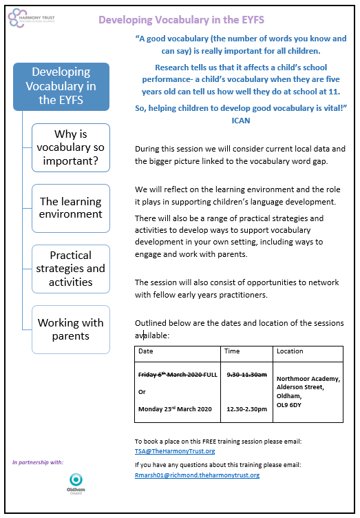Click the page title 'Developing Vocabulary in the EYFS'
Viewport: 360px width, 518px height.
(181, 19)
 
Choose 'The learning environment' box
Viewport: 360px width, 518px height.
(70, 207)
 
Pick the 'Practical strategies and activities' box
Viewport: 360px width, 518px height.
(70, 269)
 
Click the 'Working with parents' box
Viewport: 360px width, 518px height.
(70, 329)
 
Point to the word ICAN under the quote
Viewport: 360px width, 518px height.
(241, 121)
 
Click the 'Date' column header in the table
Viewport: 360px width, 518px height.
(146, 351)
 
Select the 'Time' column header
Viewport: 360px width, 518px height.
(233, 351)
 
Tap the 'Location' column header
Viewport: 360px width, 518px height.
(290, 351)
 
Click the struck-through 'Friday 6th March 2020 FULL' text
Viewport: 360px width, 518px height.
(178, 374)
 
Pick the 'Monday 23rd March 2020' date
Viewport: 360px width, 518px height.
(176, 409)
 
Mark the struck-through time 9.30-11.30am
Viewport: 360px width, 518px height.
(246, 374)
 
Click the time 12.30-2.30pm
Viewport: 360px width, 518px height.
(246, 409)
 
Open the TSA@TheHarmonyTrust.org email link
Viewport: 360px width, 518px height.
(175, 451)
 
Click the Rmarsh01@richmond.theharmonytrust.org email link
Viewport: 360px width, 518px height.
(197, 475)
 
